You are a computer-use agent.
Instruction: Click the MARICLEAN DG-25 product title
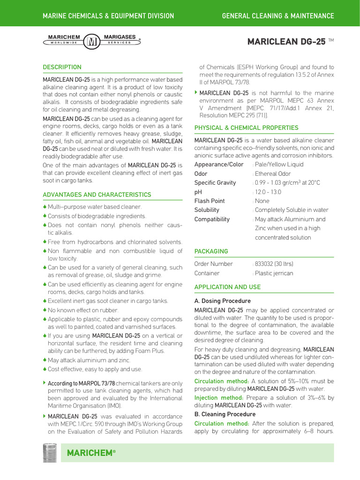point(286,42)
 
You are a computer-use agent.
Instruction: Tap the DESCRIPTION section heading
point(62,67)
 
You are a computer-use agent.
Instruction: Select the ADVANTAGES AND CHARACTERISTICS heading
point(97,195)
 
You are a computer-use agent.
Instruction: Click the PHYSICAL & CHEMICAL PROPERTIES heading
point(246,127)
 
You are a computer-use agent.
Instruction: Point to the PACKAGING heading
point(211,251)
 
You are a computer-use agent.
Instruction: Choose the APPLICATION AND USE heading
point(227,287)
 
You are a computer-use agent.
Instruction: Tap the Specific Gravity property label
point(215,183)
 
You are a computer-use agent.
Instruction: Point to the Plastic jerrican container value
point(274,273)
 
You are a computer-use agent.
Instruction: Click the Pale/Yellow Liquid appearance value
point(279,165)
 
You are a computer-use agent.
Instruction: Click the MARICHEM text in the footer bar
point(91,453)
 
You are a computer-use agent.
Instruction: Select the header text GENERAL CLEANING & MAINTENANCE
point(278,16)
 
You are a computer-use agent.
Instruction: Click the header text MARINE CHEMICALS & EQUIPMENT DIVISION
point(108,16)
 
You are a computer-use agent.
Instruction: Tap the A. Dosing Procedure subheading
point(222,301)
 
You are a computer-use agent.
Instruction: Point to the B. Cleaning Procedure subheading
point(225,414)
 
